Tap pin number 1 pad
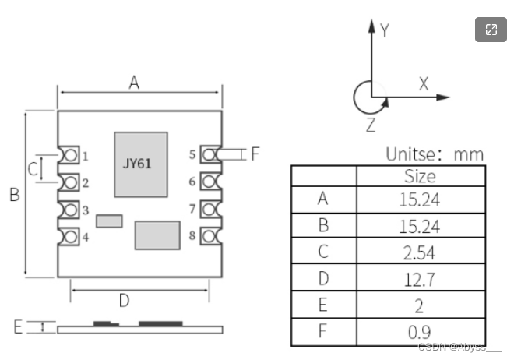[70, 155]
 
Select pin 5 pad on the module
[208, 154]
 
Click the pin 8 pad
[208, 235]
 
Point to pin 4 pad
[70, 237]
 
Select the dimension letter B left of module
[14, 195]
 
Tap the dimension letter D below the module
[124, 300]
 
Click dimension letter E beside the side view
[18, 327]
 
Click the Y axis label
[385, 30]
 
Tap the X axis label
[424, 84]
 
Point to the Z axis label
[371, 124]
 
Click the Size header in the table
[421, 176]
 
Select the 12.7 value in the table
[421, 278]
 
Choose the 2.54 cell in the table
[421, 252]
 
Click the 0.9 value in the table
[421, 331]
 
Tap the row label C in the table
[322, 252]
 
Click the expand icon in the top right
[491, 30]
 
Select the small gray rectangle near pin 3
[109, 221]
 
